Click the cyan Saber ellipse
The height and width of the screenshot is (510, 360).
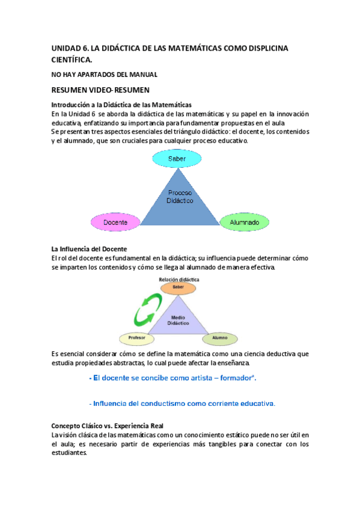[177, 159]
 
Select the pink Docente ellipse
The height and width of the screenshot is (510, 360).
[115, 222]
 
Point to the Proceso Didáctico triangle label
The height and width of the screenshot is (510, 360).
[180, 197]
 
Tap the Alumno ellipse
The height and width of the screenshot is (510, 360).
[219, 339]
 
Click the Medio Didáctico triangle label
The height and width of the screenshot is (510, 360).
[178, 319]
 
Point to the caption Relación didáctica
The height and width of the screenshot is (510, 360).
[179, 280]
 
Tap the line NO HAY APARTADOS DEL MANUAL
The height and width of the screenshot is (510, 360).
[104, 74]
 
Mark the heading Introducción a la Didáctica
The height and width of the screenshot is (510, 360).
[121, 104]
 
